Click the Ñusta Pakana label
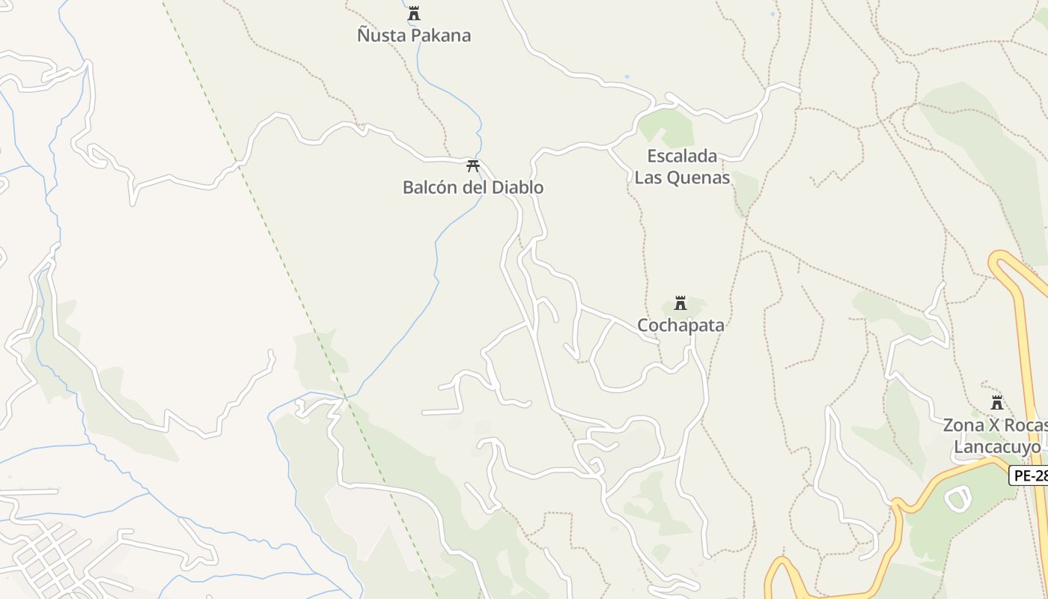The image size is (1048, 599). coord(414,35)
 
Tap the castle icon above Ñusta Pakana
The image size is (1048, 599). coord(414,13)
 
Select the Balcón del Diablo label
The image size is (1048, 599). coord(472,187)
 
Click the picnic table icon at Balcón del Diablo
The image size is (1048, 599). coord(472,165)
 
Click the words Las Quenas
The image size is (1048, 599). coord(682,177)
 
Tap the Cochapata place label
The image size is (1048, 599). coord(680,325)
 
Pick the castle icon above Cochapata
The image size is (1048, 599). coord(680,303)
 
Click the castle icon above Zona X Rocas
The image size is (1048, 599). coord(997,403)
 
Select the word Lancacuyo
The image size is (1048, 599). coord(996,447)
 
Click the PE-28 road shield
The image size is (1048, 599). coord(1030,475)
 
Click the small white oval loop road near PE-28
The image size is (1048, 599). coord(957,498)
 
